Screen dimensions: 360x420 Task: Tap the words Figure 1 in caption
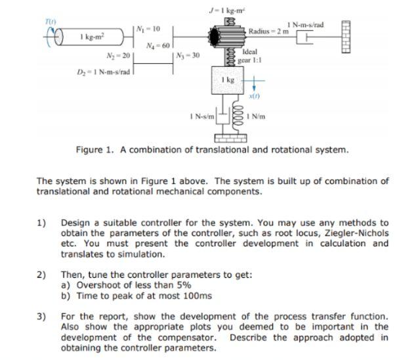tap(96, 150)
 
